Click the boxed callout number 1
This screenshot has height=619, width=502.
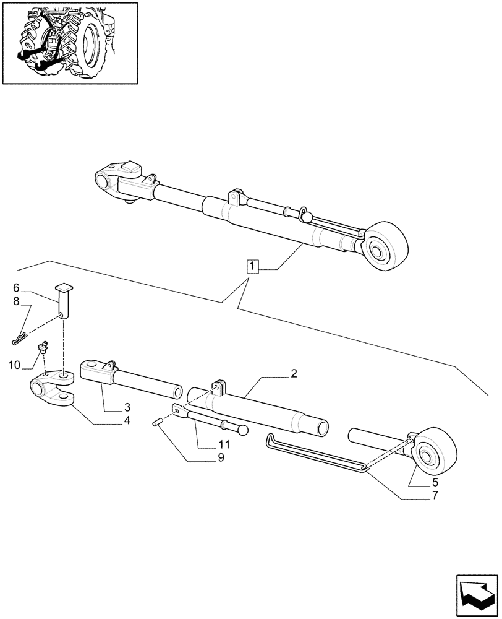click(252, 266)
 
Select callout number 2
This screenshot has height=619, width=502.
click(294, 374)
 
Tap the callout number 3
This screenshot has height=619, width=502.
click(126, 407)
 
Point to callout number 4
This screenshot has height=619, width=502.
click(126, 420)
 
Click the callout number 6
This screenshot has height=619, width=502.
click(17, 288)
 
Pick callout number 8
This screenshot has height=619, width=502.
click(17, 301)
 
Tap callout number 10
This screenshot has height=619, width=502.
click(14, 365)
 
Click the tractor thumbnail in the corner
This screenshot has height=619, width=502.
click(69, 42)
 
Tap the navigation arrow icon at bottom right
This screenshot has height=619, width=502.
click(477, 594)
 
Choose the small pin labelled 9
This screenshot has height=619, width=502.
click(158, 423)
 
